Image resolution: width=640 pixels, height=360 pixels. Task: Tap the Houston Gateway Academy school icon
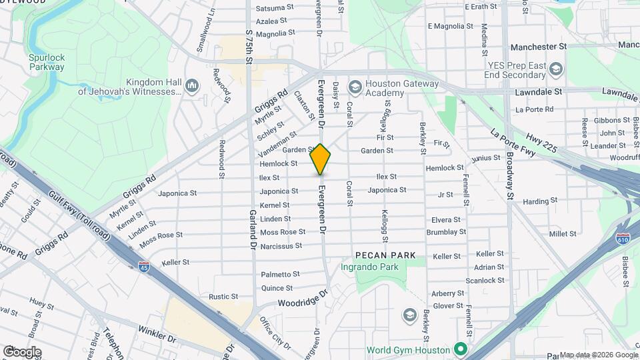click(355, 87)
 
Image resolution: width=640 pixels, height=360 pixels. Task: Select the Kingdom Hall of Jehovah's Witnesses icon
click(193, 85)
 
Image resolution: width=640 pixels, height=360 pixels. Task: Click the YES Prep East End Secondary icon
click(557, 69)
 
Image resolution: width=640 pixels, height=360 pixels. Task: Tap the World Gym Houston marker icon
click(459, 349)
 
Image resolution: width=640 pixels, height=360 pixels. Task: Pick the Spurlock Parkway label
click(47, 62)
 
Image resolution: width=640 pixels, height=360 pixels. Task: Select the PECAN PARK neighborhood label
click(385, 255)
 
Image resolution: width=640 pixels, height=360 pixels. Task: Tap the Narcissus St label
click(280, 246)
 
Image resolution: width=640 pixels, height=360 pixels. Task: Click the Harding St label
click(535, 201)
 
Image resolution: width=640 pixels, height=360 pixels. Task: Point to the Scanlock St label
click(485, 281)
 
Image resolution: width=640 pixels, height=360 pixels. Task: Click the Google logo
click(22, 351)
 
